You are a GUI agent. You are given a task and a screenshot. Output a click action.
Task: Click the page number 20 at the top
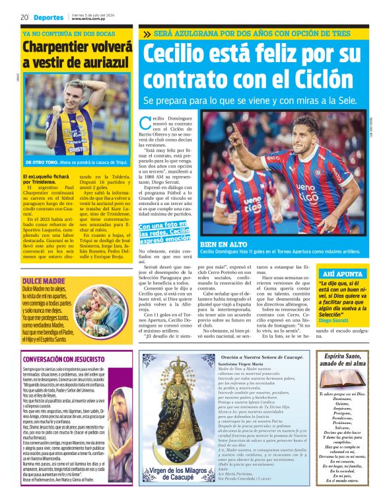click(24, 17)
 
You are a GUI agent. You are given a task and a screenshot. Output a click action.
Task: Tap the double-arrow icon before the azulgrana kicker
click(147, 34)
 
